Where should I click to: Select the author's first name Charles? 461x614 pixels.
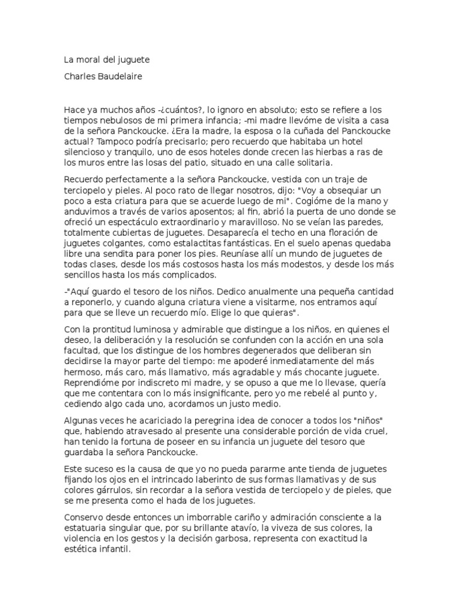80,77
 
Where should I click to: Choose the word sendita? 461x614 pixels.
120,255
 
